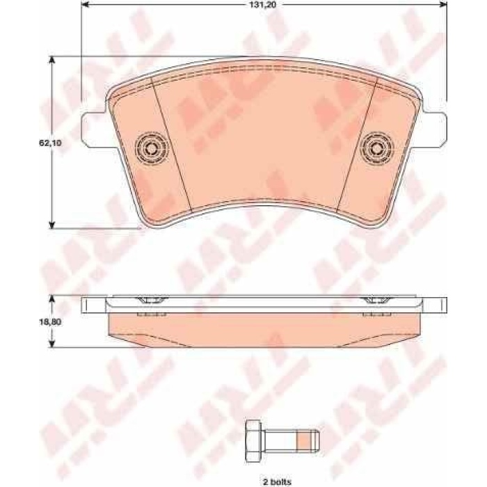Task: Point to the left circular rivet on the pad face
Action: pos(151,147)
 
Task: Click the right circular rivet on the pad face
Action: pos(376,147)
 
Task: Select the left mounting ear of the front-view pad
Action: pos(93,128)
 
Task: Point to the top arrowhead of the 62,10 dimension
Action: pos(52,61)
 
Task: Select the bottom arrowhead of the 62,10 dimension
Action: pos(52,223)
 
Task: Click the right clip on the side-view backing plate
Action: pos(376,301)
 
